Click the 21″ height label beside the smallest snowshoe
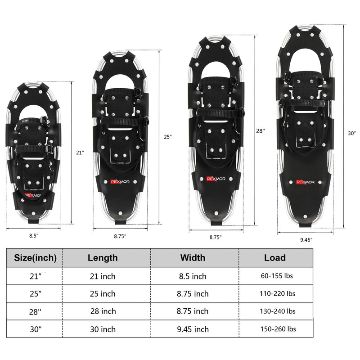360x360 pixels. (x=80, y=153)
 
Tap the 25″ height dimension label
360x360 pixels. (x=167, y=137)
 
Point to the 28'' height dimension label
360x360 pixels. (x=261, y=130)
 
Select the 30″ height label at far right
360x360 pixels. (x=351, y=133)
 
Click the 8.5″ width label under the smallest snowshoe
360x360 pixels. (x=34, y=235)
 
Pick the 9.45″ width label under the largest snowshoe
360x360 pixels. (x=306, y=240)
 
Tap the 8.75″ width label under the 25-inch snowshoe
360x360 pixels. (x=120, y=236)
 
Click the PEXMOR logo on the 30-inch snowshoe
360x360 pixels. (x=305, y=182)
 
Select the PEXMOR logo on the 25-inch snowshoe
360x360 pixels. (x=120, y=182)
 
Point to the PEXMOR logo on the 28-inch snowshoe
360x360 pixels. (x=216, y=179)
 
